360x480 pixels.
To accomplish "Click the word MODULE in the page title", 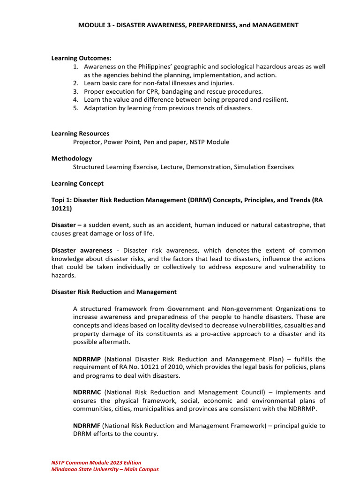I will click(x=92, y=25).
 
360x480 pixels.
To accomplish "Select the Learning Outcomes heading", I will click(x=81, y=58).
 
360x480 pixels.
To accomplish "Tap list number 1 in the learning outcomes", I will click(x=75, y=67).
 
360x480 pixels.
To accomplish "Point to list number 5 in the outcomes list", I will click(x=75, y=108).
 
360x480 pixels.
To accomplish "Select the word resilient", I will click(x=274, y=99).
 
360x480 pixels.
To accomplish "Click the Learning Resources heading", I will click(x=80, y=134).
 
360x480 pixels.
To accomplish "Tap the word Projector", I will click(x=87, y=142).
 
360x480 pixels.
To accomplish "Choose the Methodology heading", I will click(x=72, y=158).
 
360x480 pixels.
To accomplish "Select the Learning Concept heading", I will click(x=77, y=183).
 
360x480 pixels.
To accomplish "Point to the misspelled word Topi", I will click(x=59, y=200).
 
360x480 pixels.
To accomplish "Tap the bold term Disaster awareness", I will click(x=82, y=250).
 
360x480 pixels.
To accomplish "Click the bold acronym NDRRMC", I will click(x=87, y=392).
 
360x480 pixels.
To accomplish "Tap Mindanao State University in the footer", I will click(x=88, y=469).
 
